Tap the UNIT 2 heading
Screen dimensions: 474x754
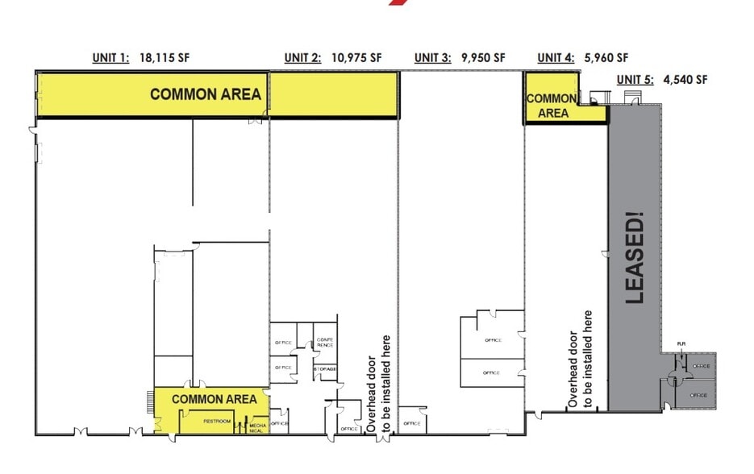click(302, 57)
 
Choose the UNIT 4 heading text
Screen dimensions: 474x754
click(556, 57)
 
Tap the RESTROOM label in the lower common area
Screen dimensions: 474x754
click(218, 421)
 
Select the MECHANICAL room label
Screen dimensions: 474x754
click(257, 427)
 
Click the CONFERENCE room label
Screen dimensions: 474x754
click(325, 342)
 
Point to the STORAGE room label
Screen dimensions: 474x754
click(325, 368)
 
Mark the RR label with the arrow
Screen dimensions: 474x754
click(680, 344)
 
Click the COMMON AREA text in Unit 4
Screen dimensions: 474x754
click(552, 106)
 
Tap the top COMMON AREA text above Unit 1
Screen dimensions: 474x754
click(206, 94)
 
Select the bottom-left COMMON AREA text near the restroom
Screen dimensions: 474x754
click(215, 399)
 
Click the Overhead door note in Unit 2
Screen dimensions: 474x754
click(378, 385)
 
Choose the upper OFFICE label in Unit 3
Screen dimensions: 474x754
click(494, 340)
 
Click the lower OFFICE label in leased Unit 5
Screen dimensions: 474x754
click(698, 395)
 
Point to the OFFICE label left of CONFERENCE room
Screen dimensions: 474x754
click(282, 343)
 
